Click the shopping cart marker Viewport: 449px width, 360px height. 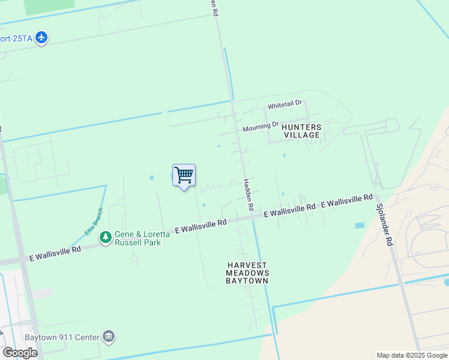(184, 176)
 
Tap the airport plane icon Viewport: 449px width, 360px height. (41, 38)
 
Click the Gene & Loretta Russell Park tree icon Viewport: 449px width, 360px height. (106, 238)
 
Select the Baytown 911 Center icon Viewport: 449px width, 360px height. (109, 336)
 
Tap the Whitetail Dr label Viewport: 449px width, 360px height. (285, 105)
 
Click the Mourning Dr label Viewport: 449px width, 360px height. (261, 127)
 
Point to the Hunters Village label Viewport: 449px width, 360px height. (301, 131)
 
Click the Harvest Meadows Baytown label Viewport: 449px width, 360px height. (247, 272)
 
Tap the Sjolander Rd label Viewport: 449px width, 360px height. (384, 224)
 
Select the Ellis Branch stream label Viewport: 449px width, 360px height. (94, 221)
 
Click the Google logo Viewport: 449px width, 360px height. (20, 352)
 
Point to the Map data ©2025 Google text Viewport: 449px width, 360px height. (412, 355)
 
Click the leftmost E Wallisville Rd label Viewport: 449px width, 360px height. (55, 253)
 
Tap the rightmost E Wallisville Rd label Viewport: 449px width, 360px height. (347, 201)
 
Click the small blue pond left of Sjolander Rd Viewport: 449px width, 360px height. (360, 226)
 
